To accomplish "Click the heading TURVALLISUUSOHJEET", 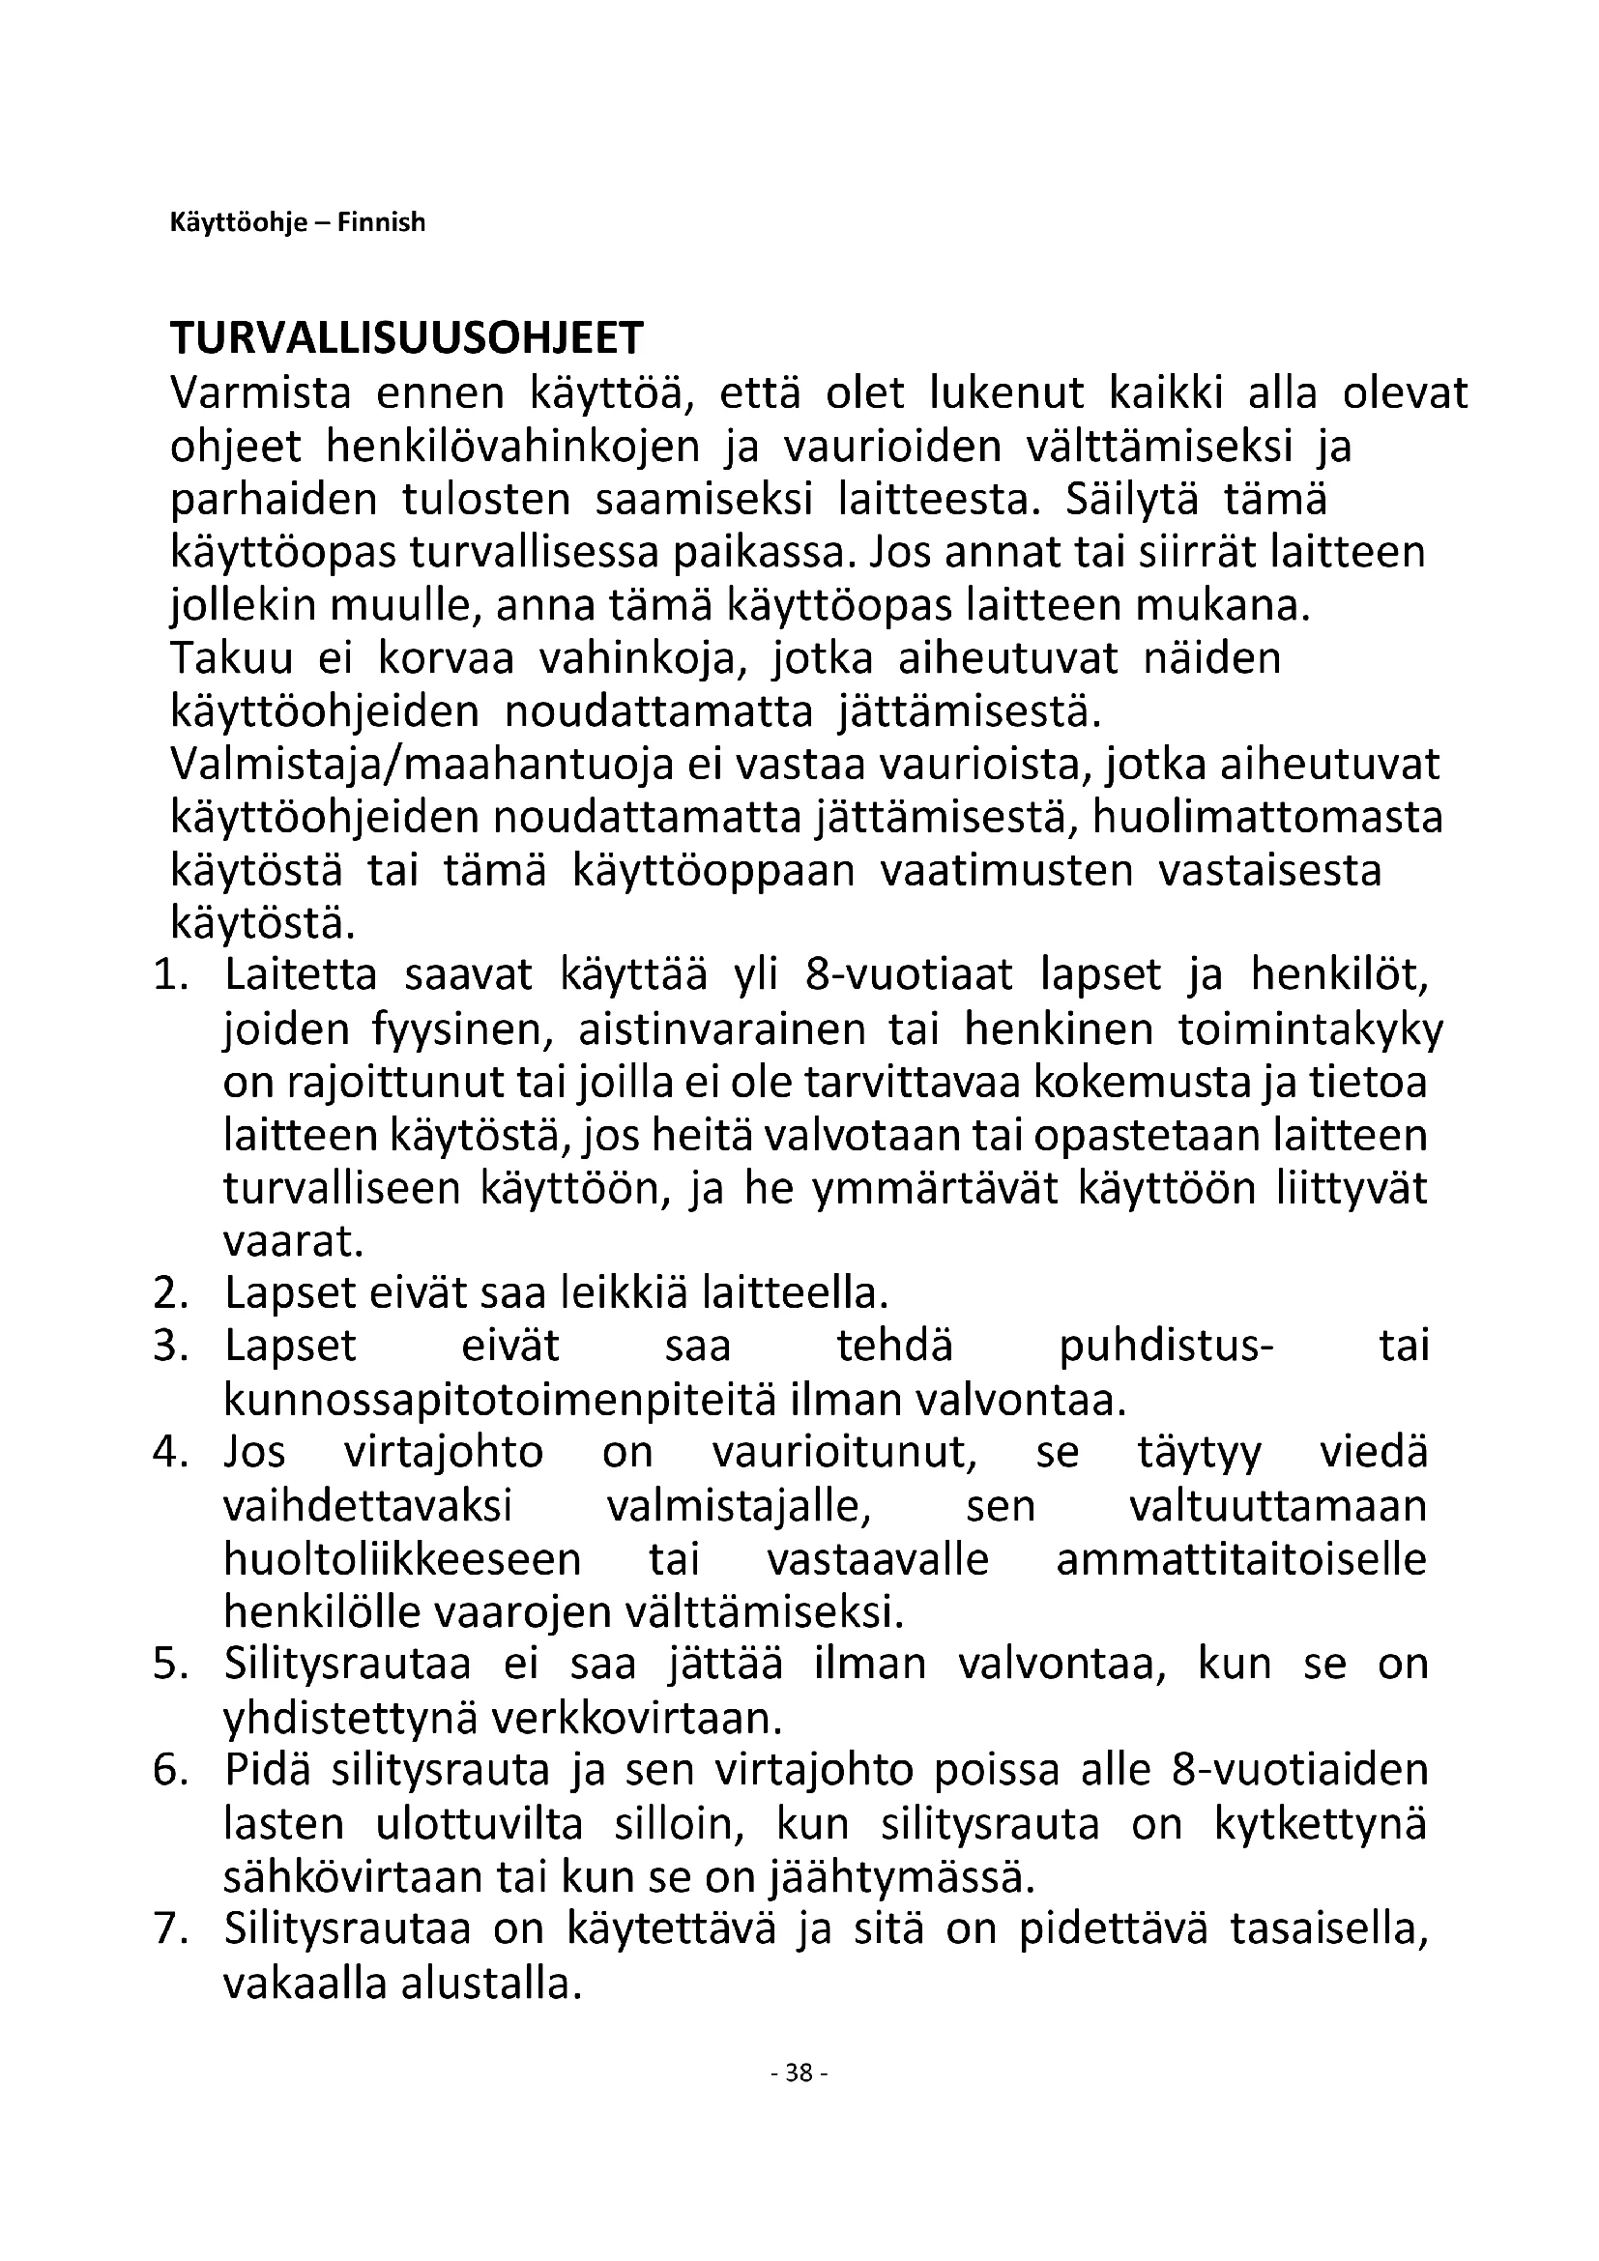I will (x=406, y=338).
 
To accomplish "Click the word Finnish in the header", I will (x=381, y=222).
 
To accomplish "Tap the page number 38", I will (x=799, y=2073).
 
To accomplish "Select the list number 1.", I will (x=170, y=976).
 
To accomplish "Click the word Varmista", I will (x=261, y=392).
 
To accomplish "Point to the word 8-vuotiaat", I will (x=909, y=976).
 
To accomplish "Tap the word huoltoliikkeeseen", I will (x=403, y=1560).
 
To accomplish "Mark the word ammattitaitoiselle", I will (x=1240, y=1560).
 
